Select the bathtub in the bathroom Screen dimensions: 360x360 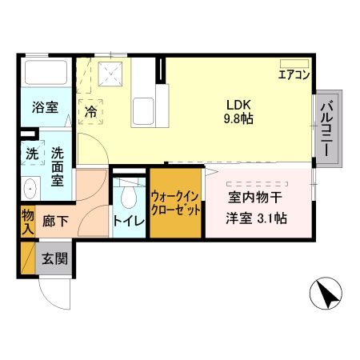45,74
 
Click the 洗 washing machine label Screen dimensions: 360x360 31,152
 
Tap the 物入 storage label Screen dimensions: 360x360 27,221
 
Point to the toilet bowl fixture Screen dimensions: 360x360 128,198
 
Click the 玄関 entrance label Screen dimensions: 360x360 54,259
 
